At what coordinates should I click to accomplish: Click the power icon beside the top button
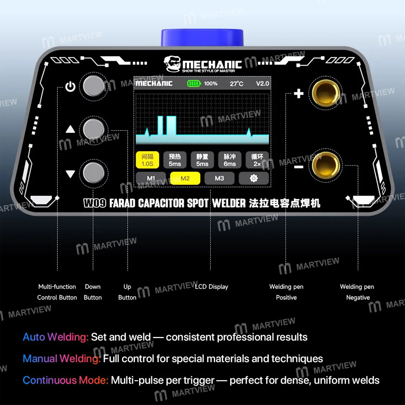coord(70,87)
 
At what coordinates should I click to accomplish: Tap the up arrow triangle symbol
coord(70,130)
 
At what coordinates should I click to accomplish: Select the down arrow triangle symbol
coord(70,174)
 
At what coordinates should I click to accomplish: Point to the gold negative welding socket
coord(324,165)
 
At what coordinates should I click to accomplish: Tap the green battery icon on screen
coord(194,84)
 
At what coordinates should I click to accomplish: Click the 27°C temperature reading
coord(237,84)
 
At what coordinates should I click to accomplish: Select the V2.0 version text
coord(262,84)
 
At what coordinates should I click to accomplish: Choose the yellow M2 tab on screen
coord(185,178)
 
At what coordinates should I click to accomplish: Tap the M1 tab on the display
coord(151,178)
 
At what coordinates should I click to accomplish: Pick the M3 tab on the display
coord(219,178)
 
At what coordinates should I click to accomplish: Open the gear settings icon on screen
coord(254,178)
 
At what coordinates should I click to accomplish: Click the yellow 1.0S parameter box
coord(147,160)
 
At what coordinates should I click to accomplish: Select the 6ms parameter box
coord(230,160)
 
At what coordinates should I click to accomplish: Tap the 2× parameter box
coord(257,160)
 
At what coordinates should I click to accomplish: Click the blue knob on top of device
coord(202,38)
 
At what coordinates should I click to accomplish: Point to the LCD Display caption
coord(211,287)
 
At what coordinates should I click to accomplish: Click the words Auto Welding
coord(55,337)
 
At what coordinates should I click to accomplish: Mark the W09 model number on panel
coord(95,203)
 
